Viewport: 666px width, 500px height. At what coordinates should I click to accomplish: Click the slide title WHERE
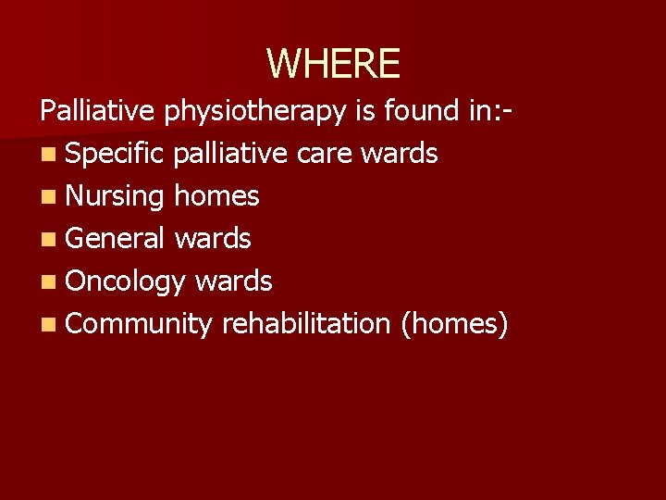pos(333,64)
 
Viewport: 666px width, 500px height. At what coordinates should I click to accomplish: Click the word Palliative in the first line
pos(99,111)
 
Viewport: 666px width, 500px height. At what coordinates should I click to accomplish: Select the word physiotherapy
pos(256,112)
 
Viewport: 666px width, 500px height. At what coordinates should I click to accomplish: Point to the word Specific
pos(114,154)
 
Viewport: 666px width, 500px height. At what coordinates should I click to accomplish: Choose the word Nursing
pos(115,196)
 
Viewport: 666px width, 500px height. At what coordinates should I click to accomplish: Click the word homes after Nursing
pos(216,195)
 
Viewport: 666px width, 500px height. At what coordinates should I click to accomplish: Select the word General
pos(117,238)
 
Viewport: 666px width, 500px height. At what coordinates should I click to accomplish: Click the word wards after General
pos(213,238)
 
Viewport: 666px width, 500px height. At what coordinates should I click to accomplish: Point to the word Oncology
pos(127,281)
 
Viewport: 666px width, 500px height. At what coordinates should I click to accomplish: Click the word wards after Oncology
pos(233,281)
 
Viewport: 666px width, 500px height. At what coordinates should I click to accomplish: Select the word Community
pos(140,324)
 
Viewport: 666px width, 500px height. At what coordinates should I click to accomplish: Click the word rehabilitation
pos(306,323)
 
